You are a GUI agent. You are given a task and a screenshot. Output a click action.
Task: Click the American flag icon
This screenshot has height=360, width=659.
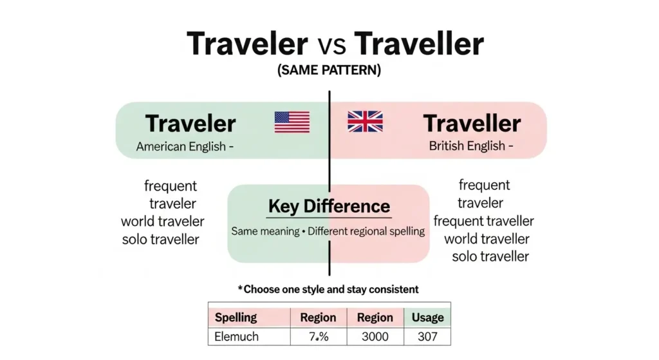point(292,122)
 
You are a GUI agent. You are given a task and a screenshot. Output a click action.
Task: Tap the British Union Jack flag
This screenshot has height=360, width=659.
point(365,122)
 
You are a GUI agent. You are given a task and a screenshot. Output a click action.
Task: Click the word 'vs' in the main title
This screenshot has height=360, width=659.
point(331,44)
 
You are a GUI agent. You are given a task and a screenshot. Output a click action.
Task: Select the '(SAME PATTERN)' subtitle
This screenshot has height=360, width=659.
point(329,71)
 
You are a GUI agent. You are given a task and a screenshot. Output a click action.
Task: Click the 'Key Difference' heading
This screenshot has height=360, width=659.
point(329,207)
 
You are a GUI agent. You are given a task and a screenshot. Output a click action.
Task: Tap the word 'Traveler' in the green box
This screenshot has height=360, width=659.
point(190,123)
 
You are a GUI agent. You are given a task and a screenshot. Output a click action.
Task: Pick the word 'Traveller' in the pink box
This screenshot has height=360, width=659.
point(472,123)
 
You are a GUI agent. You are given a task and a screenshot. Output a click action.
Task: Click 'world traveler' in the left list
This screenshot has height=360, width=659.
point(163,222)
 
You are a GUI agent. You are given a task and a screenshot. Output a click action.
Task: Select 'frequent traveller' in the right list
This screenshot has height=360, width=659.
point(483,222)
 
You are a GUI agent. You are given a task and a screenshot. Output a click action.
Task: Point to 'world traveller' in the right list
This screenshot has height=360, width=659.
point(487,239)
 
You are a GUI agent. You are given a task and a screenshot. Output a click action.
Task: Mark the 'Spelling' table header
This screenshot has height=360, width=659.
point(236,317)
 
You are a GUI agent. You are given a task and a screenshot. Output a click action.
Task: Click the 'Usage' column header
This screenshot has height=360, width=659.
point(427,317)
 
